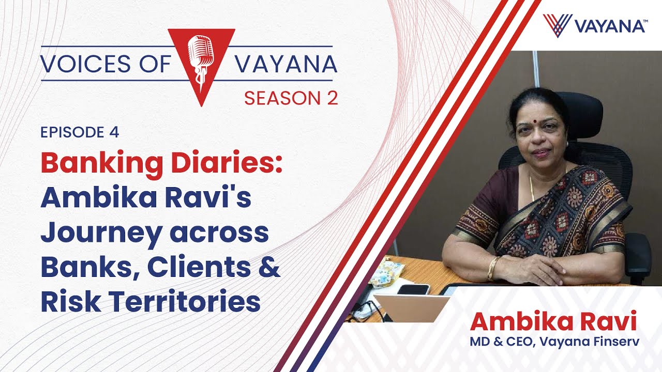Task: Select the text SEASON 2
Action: (291, 97)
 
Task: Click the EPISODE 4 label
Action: (80, 132)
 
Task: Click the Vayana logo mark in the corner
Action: (557, 25)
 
